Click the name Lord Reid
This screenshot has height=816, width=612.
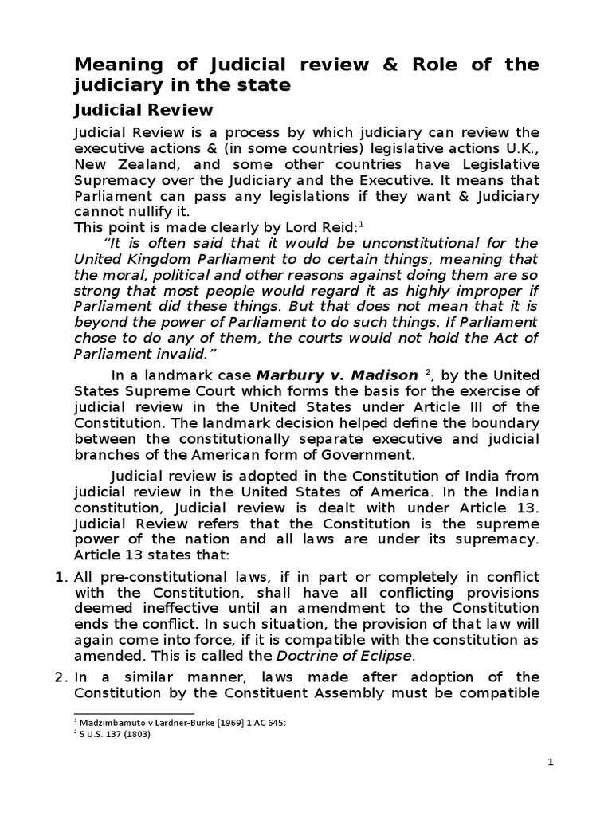(x=323, y=226)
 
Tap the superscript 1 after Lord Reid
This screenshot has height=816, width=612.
(x=362, y=223)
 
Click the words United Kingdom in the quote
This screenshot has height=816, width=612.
(x=131, y=260)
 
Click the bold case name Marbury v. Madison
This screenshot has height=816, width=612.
(x=336, y=375)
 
